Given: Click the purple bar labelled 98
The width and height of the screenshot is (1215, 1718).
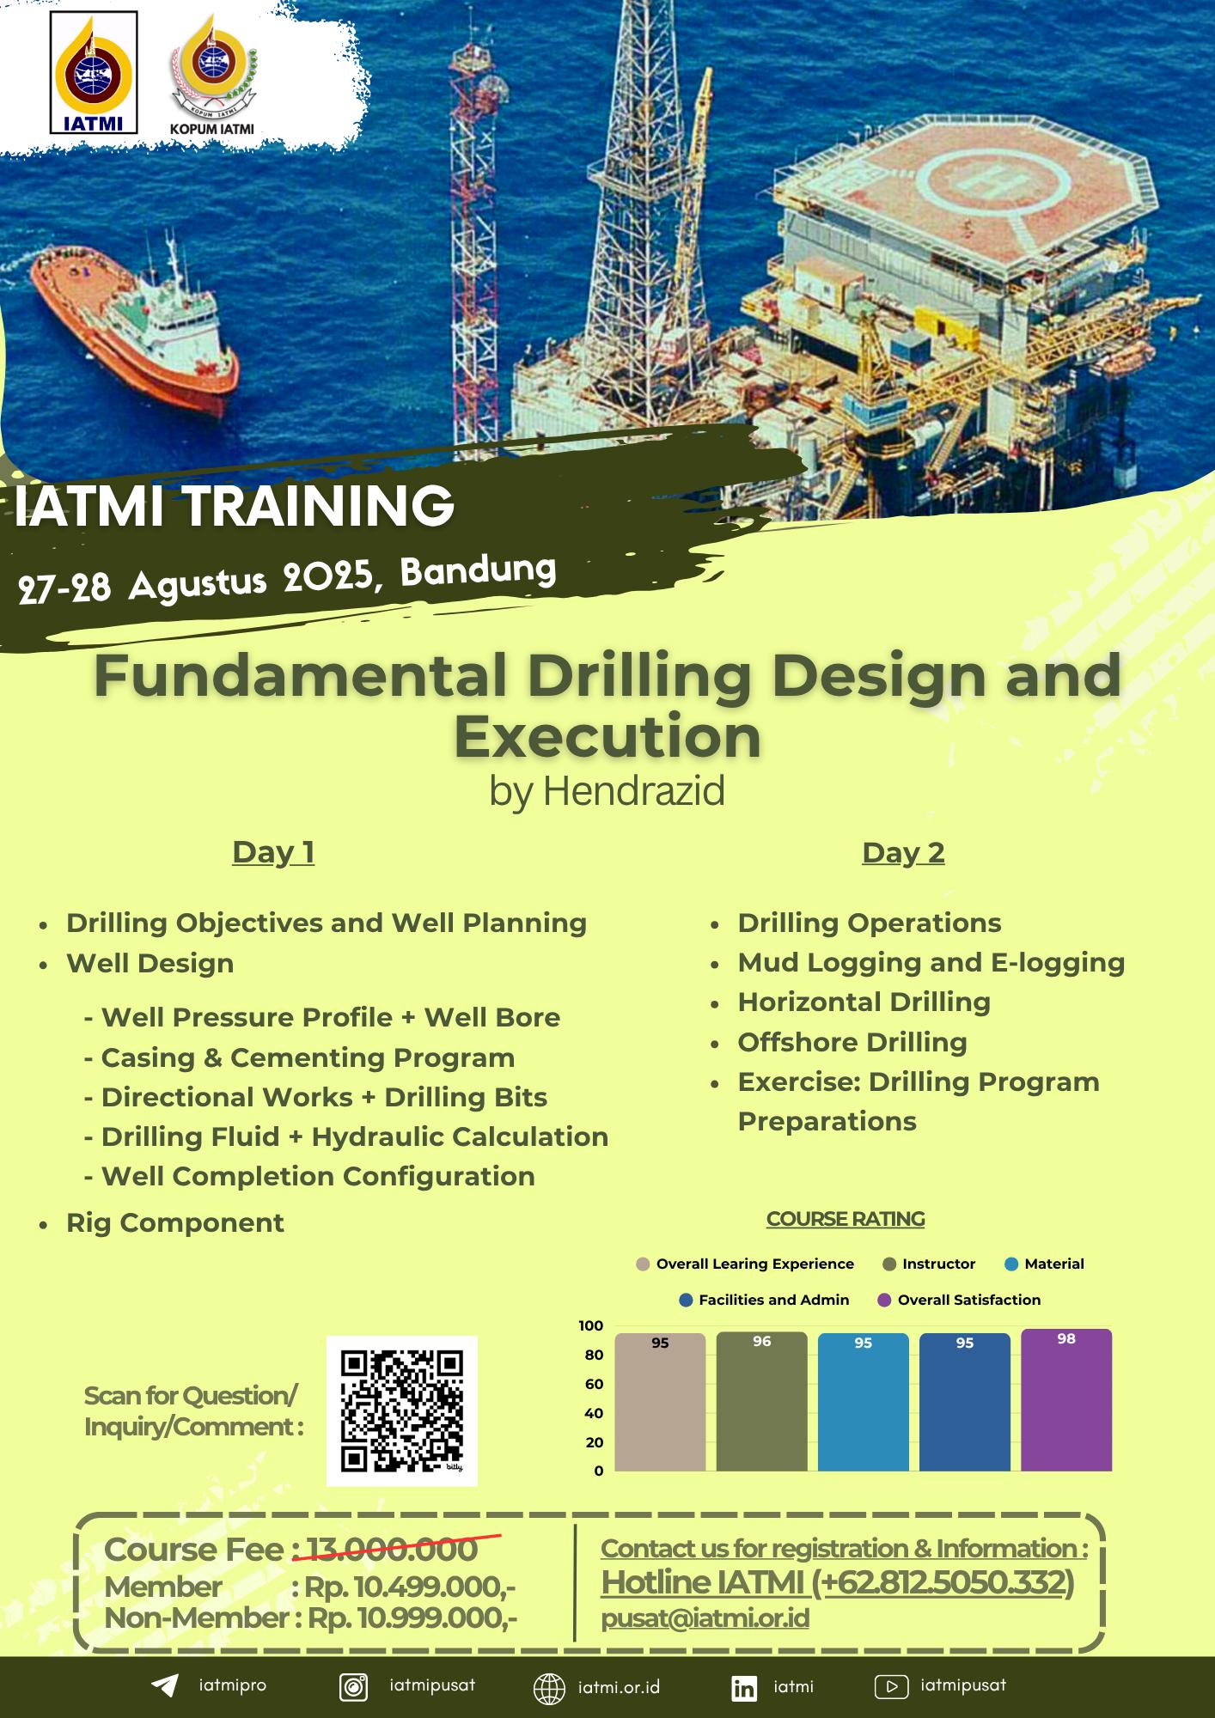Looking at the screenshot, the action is [x=1066, y=1399].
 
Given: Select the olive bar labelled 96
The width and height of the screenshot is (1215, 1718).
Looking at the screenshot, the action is [x=761, y=1401].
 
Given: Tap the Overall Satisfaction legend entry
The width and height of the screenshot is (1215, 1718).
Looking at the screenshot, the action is [x=959, y=1300].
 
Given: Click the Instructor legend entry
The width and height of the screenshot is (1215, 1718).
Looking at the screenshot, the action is [x=929, y=1264].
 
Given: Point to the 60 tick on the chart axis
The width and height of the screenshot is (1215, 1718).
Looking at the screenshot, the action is [x=594, y=1384].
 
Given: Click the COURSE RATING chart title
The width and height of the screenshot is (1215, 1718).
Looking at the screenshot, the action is [x=846, y=1219].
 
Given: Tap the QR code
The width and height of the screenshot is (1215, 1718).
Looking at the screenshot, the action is [x=401, y=1410].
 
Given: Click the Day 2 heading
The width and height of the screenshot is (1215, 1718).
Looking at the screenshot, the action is [x=903, y=852].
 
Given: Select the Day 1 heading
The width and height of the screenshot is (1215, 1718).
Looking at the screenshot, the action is [x=273, y=852].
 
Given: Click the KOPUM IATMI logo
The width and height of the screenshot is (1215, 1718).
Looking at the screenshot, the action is [x=211, y=77].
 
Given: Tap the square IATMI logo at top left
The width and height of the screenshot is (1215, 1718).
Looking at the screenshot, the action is [x=95, y=72].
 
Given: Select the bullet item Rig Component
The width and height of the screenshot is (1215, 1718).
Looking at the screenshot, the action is [x=174, y=1222].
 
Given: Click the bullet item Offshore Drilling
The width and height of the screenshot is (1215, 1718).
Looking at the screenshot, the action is [x=852, y=1042].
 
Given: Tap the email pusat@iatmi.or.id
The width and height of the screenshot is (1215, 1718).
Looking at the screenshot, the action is [x=705, y=1618].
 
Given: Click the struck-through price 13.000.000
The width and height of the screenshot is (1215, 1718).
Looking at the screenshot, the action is [x=392, y=1550].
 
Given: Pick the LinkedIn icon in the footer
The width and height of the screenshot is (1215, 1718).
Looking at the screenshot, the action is [x=744, y=1688].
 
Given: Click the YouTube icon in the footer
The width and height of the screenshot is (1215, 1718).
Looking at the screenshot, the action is [x=891, y=1687].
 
